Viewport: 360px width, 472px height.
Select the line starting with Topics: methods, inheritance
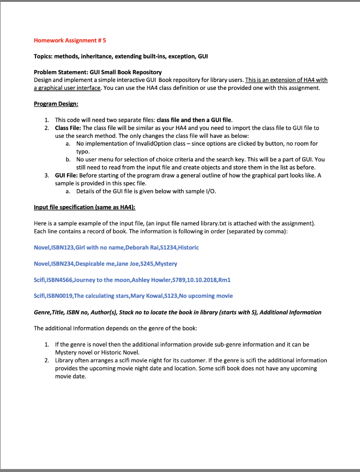pos(121,56)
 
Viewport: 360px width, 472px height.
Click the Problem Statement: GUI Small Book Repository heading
pos(98,72)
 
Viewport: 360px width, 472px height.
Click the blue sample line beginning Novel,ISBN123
pos(116,248)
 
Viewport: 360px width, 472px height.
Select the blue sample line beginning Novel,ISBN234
pos(105,264)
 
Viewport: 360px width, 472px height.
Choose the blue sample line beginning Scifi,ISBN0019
pos(133,295)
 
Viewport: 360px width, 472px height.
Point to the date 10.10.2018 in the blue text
pos(201,280)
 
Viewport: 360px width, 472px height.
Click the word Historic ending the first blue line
pos(187,248)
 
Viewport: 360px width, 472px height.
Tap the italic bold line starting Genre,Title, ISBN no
pos(177,312)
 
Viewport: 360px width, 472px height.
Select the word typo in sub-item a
pos(83,151)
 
